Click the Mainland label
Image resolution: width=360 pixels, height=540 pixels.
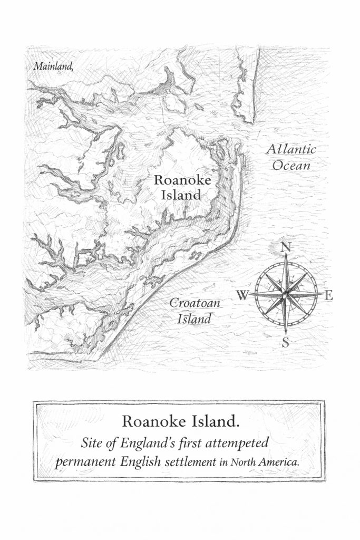[x=52, y=66]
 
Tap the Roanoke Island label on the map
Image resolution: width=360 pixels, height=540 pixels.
[x=182, y=187]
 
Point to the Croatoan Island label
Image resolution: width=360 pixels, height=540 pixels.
[x=193, y=311]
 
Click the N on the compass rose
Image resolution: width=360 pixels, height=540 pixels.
[x=286, y=247]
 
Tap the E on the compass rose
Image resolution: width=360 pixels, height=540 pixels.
[x=329, y=296]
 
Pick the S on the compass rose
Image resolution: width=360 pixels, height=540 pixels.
[x=286, y=343]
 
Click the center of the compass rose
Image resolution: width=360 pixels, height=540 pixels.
[x=286, y=295]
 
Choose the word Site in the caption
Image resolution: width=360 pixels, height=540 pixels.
[x=90, y=442]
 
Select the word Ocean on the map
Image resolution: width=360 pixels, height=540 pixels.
[x=291, y=166]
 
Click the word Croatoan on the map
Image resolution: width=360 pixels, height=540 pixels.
[x=194, y=303]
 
